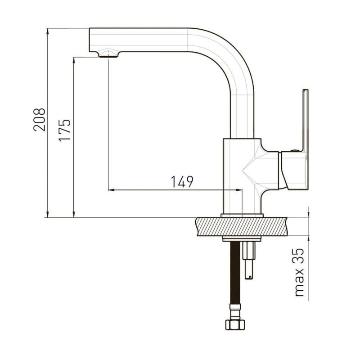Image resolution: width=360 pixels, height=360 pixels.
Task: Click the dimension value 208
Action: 39,120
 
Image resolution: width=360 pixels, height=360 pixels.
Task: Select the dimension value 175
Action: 65,130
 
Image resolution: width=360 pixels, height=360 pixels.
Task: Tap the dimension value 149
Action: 182,182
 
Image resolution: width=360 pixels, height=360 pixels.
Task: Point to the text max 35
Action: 299,272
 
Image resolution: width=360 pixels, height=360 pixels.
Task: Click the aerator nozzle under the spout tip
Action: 108,54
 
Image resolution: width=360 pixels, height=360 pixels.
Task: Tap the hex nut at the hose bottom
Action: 235,324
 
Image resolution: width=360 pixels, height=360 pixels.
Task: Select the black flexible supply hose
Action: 235,273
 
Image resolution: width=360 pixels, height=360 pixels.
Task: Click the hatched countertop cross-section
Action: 242,227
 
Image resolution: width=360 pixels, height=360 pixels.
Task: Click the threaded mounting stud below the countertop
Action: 249,260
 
